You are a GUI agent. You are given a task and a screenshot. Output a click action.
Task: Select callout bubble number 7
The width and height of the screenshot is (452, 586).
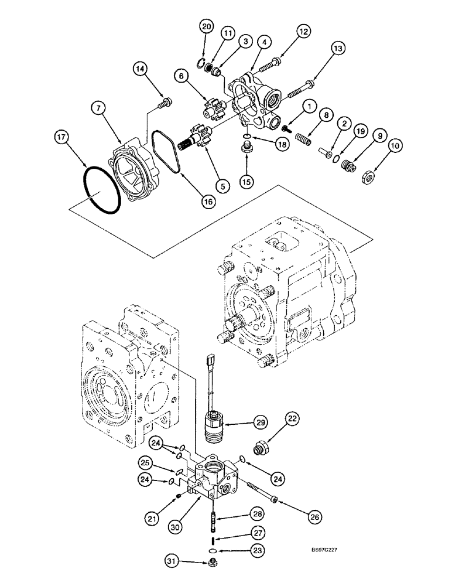pos(99,107)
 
